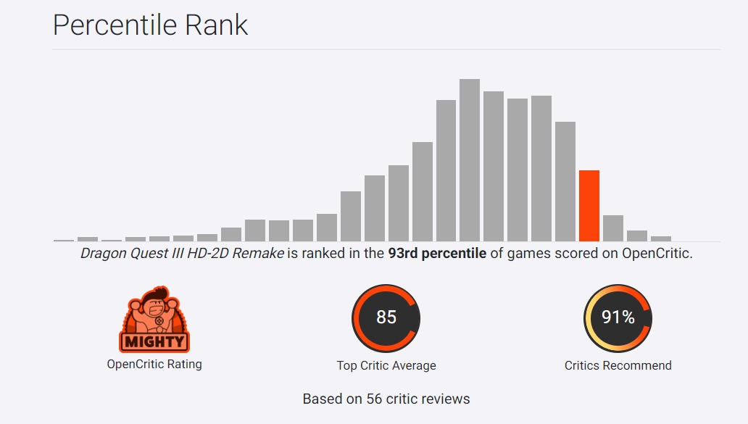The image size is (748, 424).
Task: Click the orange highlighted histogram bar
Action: click(589, 206)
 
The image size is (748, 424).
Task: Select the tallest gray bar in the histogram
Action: click(470, 159)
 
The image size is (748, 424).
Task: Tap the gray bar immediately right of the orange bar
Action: click(613, 228)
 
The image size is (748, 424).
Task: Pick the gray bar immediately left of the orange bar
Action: click(565, 181)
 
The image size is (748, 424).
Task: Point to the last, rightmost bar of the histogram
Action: click(661, 238)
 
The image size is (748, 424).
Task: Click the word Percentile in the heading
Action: click(104, 25)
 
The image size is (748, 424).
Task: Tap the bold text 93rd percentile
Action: click(436, 254)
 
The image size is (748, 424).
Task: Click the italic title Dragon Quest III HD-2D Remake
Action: click(182, 254)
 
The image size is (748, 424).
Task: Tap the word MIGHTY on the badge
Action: click(154, 341)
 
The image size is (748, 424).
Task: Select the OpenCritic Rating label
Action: click(154, 365)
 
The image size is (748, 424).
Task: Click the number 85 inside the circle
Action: click(386, 317)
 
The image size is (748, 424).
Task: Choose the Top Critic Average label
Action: click(386, 366)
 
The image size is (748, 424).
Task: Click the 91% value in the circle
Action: click(618, 317)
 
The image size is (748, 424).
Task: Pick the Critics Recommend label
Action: click(618, 366)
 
